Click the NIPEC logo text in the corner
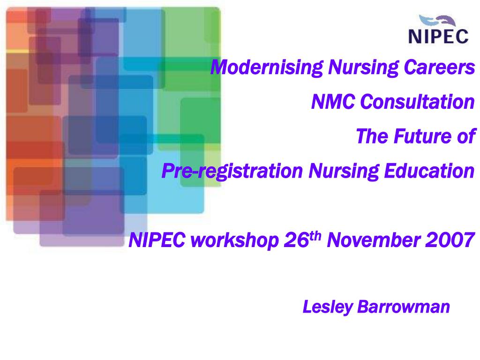[x=438, y=36]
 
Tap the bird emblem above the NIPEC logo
[x=438, y=21]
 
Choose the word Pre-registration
[x=232, y=172]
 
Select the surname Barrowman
[x=404, y=307]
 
